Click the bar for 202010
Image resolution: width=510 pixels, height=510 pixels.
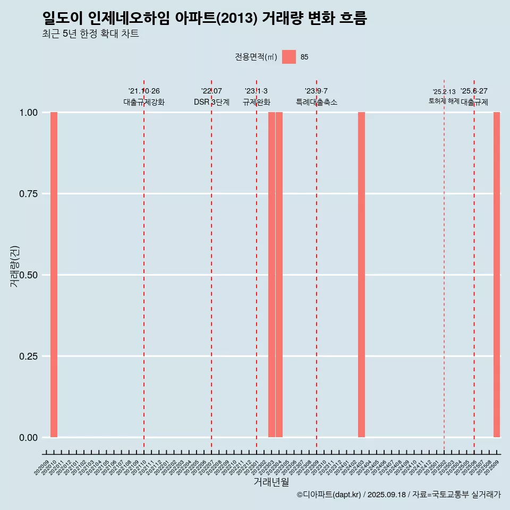tap(54, 275)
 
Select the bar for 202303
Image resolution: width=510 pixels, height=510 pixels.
tap(271, 275)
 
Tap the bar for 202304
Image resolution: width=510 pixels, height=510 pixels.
tap(279, 275)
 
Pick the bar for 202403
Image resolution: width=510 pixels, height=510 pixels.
tap(361, 275)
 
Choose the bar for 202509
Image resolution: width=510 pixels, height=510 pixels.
tap(497, 275)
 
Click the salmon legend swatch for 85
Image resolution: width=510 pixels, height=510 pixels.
tap(289, 57)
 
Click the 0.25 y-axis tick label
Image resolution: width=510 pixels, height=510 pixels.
tap(29, 356)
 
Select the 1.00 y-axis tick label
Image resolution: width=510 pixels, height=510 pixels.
tap(29, 113)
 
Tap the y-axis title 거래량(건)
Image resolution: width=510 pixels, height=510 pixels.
tap(15, 266)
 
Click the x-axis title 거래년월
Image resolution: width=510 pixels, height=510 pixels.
tap(271, 482)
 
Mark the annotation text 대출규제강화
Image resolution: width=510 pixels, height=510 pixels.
tap(144, 102)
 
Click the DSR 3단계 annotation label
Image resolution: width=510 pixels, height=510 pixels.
tap(211, 102)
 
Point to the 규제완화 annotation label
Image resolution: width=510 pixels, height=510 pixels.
tap(257, 102)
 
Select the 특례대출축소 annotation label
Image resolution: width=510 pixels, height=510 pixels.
tap(317, 102)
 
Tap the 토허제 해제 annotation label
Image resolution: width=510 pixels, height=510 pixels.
tap(444, 101)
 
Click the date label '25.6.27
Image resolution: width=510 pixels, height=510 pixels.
tap(474, 91)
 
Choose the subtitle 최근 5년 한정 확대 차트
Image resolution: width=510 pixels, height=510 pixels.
tap(90, 34)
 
